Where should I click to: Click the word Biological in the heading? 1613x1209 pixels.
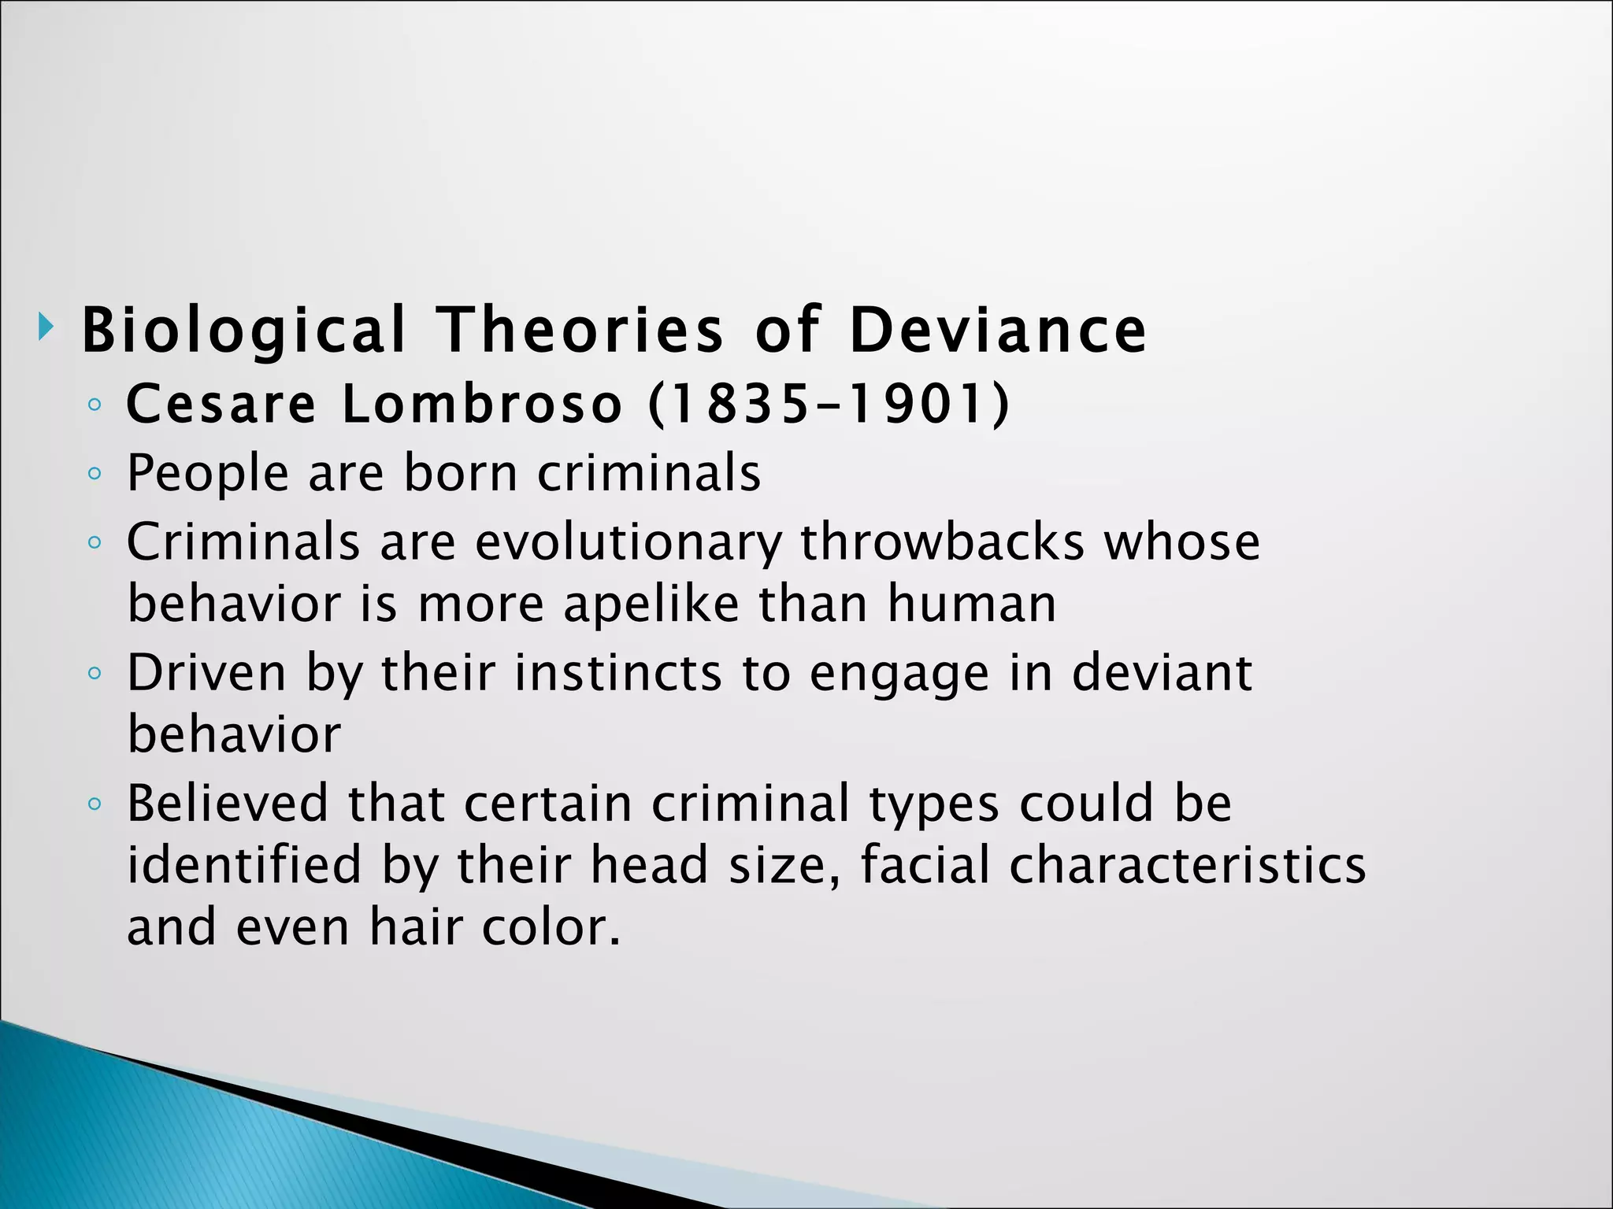[243, 331]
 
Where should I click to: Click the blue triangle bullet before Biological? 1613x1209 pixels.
[46, 326]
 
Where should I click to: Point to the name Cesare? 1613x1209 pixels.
[221, 405]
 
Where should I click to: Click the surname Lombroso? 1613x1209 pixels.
[482, 405]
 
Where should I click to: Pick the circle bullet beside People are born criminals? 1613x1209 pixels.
[95, 474]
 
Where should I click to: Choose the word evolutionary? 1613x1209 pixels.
[629, 543]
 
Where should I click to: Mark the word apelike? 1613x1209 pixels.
[651, 604]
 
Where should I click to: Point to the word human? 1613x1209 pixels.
[972, 604]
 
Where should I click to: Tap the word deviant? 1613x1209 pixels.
[1162, 673]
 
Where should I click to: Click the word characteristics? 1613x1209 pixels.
[1188, 864]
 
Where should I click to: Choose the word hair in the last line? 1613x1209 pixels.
[415, 926]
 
